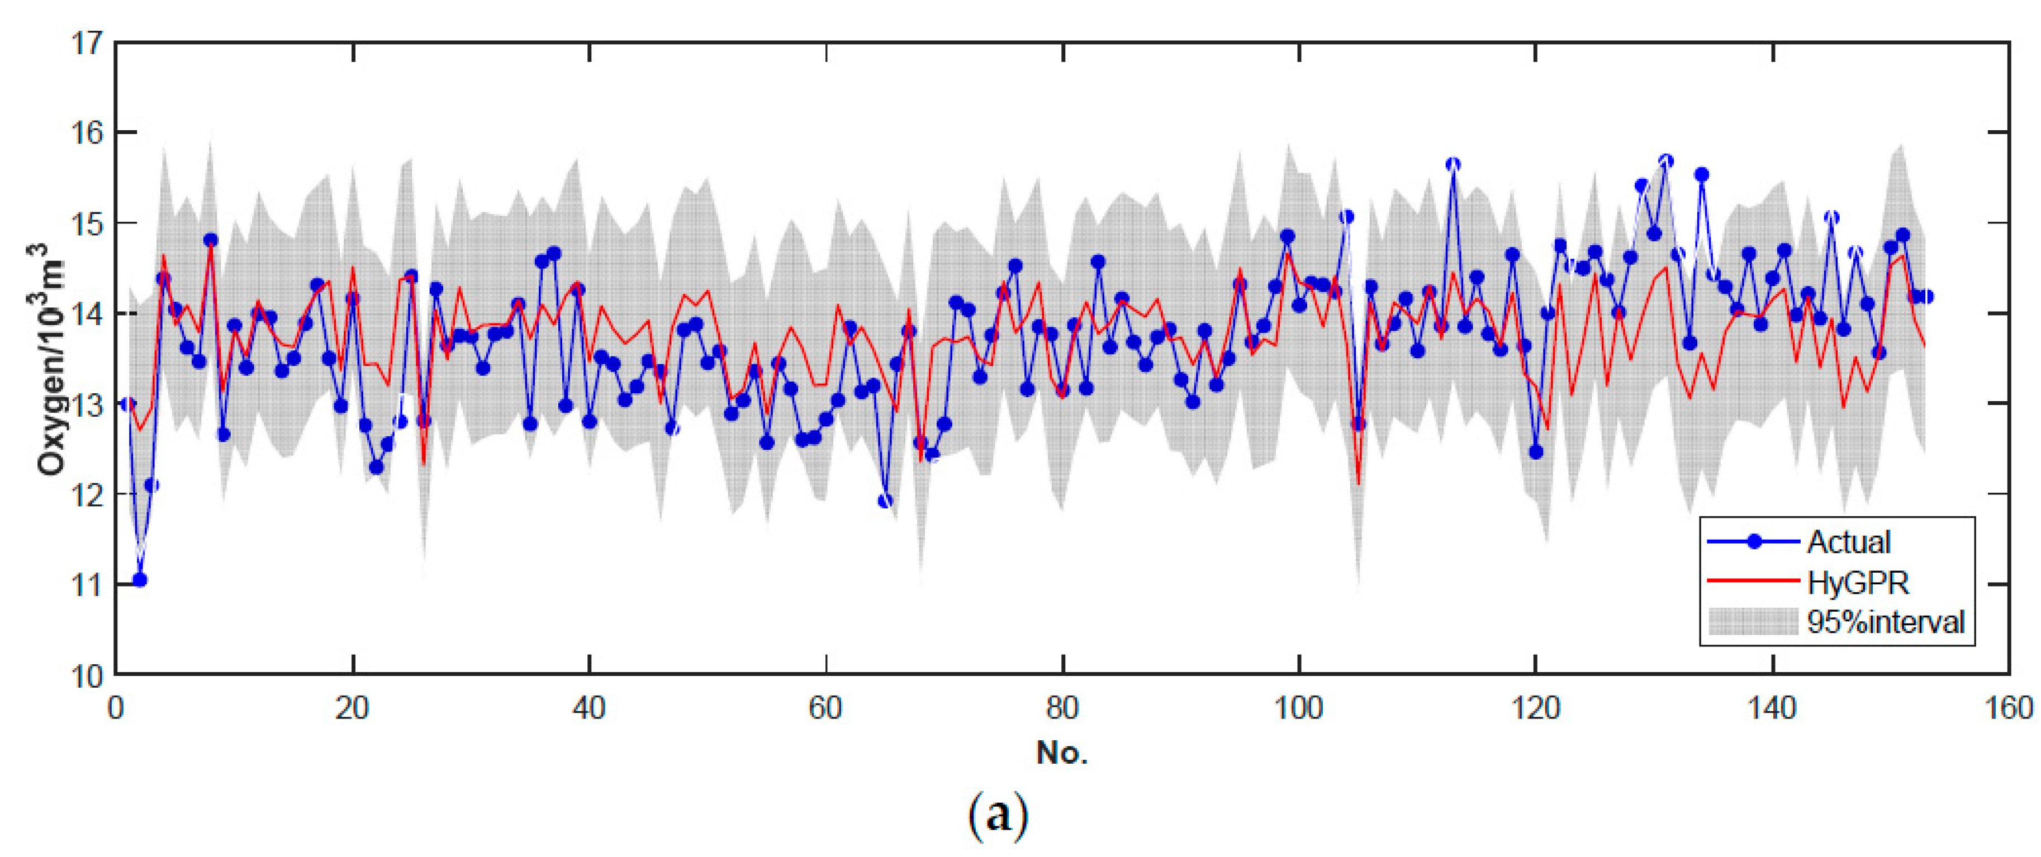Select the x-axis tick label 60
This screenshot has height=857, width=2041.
coord(825,707)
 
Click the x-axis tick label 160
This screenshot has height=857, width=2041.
coord(2009,707)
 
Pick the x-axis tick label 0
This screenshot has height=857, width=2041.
coord(116,707)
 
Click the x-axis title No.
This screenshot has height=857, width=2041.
coord(1062,753)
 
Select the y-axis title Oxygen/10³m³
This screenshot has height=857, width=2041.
coord(49,358)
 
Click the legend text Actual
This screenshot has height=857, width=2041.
coord(1848,542)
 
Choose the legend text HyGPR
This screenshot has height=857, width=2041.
coord(1858,583)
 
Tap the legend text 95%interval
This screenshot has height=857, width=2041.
coord(1886,622)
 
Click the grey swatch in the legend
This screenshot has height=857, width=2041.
coord(1753,622)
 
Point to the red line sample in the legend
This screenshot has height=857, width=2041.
coord(1753,580)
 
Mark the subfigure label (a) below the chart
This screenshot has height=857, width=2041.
coord(998,814)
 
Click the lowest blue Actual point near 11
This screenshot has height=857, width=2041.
coord(140,580)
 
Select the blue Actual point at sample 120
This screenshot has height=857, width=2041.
coord(1536,453)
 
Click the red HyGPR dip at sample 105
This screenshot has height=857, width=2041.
coord(1358,483)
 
